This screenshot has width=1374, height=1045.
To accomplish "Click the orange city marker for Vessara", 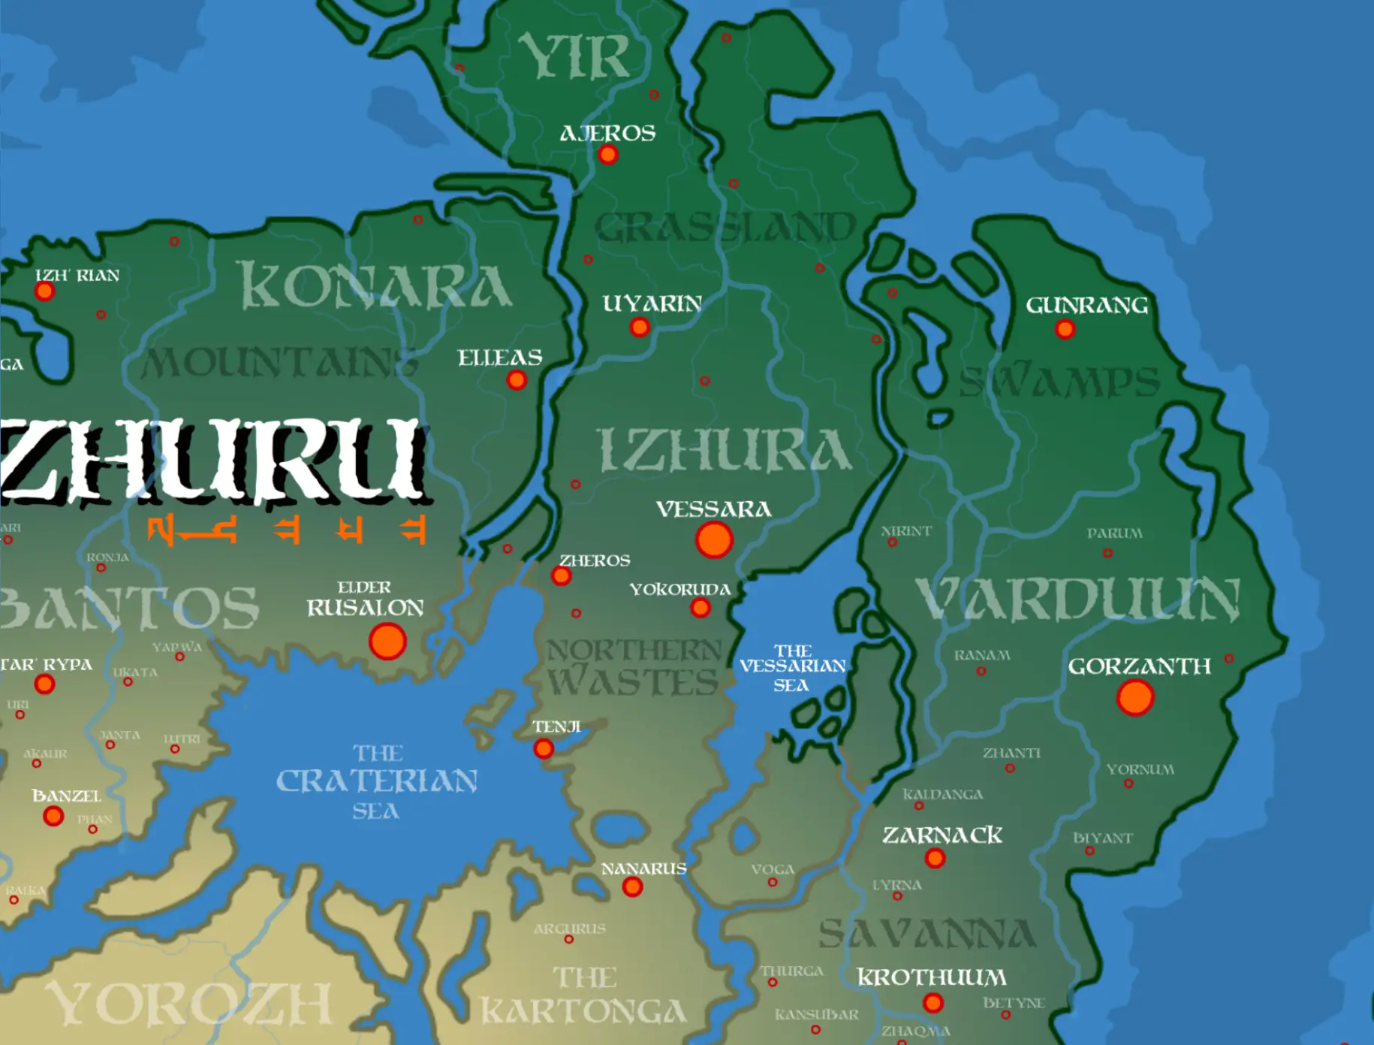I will (x=713, y=539).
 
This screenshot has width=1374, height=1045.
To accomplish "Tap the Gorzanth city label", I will (x=1139, y=666).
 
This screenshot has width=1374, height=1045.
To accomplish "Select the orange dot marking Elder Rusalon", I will (x=387, y=641).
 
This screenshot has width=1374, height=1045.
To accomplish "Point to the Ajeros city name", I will (x=607, y=134).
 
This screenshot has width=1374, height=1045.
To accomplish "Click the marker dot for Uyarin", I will (x=640, y=327).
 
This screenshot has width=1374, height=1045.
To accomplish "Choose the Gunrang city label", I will (x=1086, y=305).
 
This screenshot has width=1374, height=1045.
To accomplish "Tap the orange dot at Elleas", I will (x=517, y=380).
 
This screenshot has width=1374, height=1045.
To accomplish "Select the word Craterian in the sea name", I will (x=376, y=781).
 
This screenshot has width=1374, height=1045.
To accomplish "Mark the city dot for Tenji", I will (x=544, y=748).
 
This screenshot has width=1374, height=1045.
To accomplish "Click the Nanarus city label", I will (x=643, y=868).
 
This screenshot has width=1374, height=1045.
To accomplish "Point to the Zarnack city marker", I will (x=935, y=858).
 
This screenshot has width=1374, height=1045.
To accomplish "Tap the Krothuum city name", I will (x=931, y=977).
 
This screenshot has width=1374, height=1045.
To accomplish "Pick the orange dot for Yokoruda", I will (x=701, y=608).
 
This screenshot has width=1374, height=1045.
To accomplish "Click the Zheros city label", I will (x=595, y=560).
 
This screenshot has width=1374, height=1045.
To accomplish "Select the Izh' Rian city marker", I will (x=45, y=291).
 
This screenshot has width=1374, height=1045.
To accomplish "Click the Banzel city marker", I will (x=53, y=816).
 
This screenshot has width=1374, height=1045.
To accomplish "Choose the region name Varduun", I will (x=1077, y=600).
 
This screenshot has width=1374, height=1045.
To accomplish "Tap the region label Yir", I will (x=574, y=56).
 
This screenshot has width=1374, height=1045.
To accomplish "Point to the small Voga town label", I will (x=773, y=869).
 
